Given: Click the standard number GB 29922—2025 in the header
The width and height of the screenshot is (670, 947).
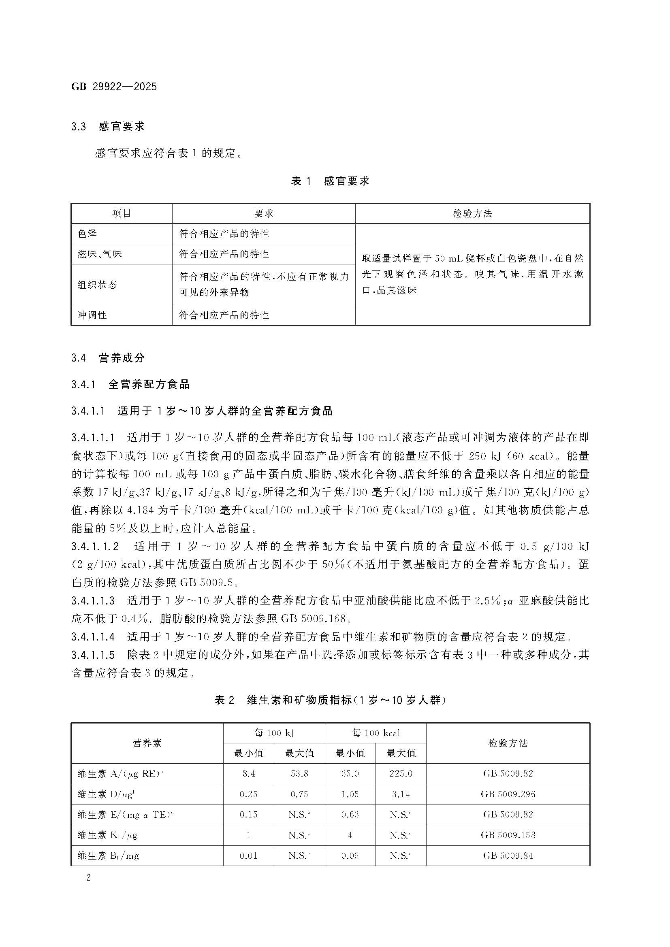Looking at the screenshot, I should pyautogui.click(x=114, y=87).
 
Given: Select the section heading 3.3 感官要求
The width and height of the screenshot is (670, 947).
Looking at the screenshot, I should pyautogui.click(x=108, y=127).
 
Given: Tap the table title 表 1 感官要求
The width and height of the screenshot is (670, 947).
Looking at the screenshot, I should pyautogui.click(x=330, y=181).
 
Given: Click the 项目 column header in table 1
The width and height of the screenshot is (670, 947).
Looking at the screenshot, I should pyautogui.click(x=121, y=214).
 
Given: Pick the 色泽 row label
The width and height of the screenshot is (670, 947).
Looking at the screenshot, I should pyautogui.click(x=87, y=234).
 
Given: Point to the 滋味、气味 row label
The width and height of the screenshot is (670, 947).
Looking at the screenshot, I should pyautogui.click(x=100, y=254).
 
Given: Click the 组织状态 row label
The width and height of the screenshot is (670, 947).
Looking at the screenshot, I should pyautogui.click(x=97, y=285).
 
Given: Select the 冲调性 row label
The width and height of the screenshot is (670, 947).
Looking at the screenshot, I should pyautogui.click(x=92, y=315).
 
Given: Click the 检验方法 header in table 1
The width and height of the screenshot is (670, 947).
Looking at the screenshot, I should pyautogui.click(x=472, y=214).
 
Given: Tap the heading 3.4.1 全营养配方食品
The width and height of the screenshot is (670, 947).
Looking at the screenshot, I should pyautogui.click(x=130, y=384).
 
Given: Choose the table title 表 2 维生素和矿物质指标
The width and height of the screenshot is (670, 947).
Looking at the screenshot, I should pyautogui.click(x=330, y=700).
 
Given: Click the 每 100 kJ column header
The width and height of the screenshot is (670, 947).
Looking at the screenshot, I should pyautogui.click(x=274, y=733).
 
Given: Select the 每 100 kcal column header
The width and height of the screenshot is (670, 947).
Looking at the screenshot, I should pyautogui.click(x=376, y=733).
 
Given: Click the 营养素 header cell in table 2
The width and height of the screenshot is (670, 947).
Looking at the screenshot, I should pyautogui.click(x=147, y=743).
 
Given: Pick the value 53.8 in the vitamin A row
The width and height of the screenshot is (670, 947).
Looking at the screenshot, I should pyautogui.click(x=299, y=773).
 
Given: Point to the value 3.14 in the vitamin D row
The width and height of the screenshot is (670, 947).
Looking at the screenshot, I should pyautogui.click(x=401, y=794).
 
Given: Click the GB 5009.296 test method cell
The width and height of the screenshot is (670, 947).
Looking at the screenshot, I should pyautogui.click(x=508, y=794).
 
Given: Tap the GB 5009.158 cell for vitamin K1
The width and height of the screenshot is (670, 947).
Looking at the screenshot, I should pyautogui.click(x=508, y=835).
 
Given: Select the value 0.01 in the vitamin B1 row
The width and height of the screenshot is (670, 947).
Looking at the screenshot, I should pyautogui.click(x=248, y=855).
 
